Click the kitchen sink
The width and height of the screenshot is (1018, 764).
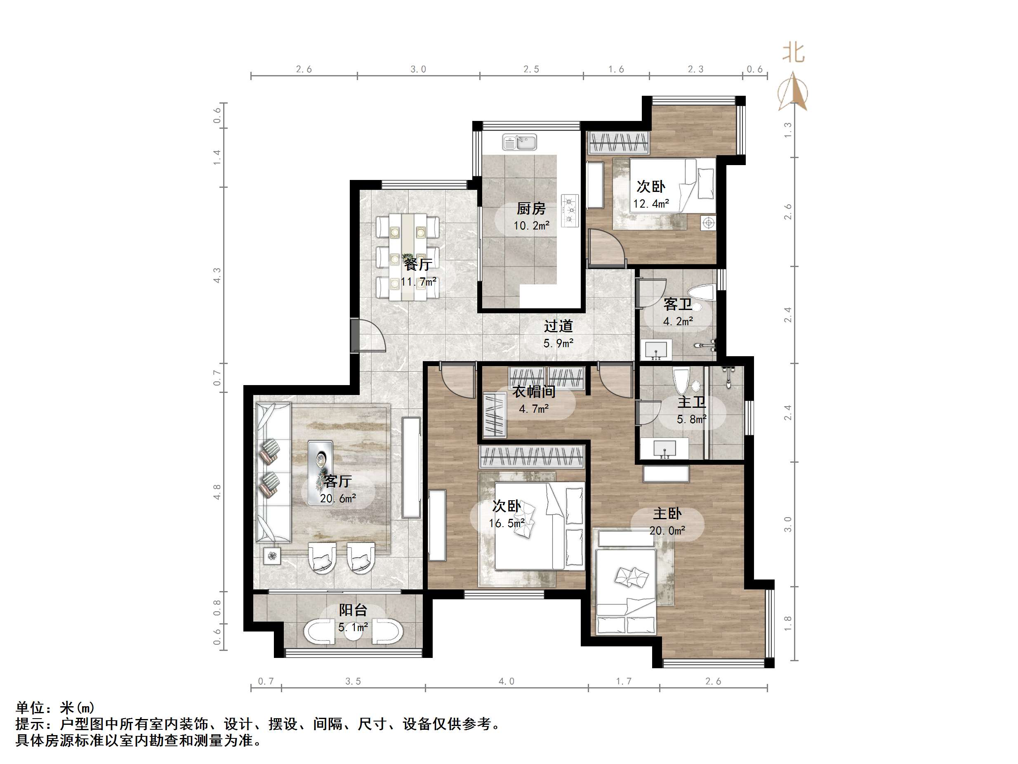pyautogui.click(x=520, y=142)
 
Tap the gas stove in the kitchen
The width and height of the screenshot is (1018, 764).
pyautogui.click(x=570, y=211)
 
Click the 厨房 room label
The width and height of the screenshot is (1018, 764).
pyautogui.click(x=531, y=208)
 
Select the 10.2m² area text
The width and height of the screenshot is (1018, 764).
pyautogui.click(x=532, y=226)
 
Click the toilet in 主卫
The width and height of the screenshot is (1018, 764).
pyautogui.click(x=681, y=380)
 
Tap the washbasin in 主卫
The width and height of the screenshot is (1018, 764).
pyautogui.click(x=664, y=448)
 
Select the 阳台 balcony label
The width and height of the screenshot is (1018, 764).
pyautogui.click(x=353, y=610)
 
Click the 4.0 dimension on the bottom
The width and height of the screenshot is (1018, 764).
pyautogui.click(x=506, y=681)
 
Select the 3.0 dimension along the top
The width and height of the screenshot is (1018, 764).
pyautogui.click(x=418, y=69)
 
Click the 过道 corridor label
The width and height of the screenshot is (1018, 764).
pyautogui.click(x=558, y=326)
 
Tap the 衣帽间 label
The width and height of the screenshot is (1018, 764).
pyautogui.click(x=534, y=391)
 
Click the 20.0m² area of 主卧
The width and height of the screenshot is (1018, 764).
pyautogui.click(x=667, y=530)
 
